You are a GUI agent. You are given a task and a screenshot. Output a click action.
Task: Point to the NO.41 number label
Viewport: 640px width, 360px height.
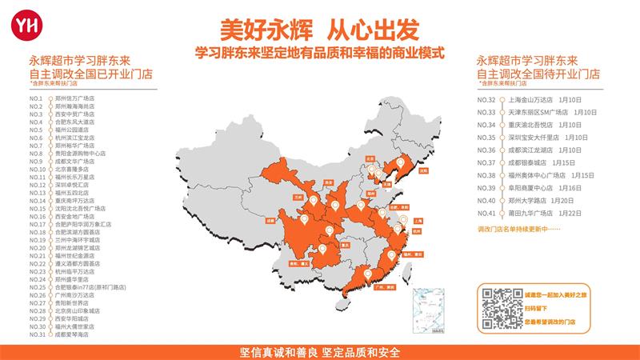point(486,213)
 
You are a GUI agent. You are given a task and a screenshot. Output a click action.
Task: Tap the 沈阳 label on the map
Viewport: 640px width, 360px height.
point(422,170)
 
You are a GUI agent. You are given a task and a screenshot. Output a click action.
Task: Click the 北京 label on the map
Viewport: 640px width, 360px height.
point(370,158)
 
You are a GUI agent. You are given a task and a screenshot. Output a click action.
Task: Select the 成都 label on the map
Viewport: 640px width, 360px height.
point(271,219)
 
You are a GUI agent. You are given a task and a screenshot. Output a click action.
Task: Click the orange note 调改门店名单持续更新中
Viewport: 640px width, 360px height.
point(516,229)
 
